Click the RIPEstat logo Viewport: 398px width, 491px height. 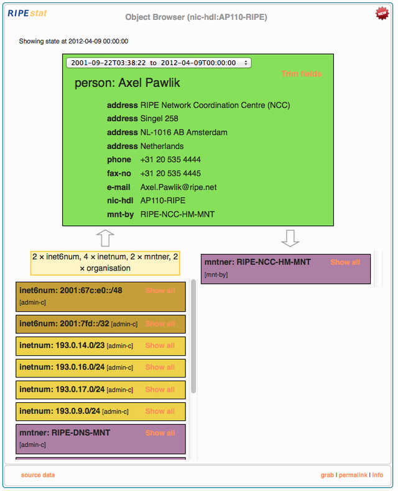coord(27,13)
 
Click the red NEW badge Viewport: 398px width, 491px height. coord(382,13)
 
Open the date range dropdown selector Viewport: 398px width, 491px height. coord(159,63)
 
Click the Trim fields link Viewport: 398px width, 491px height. coord(302,74)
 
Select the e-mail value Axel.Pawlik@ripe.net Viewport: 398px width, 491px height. coord(178,187)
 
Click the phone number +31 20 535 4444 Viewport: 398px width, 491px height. coord(170,160)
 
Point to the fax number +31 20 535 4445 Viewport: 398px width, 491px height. coord(170,173)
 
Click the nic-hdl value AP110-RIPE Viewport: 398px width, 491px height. coord(163,200)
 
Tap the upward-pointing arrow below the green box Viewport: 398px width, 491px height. coord(105,238)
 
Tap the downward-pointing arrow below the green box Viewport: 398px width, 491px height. coord(290,238)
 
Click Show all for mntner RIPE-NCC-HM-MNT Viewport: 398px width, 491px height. coord(345,263)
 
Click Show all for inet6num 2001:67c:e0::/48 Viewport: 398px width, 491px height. coord(160,291)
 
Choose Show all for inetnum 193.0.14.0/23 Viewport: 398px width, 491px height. coord(160,346)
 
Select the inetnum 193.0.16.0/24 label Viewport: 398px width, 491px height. coord(62,367)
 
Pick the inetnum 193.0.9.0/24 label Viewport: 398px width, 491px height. coord(60,411)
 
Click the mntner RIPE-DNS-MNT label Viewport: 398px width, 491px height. coord(65,433)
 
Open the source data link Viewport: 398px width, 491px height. coord(38,475)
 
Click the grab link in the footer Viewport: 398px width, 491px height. coord(327,475)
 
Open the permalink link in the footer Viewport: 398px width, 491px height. coord(353,475)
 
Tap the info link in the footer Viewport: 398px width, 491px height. coord(377,475)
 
